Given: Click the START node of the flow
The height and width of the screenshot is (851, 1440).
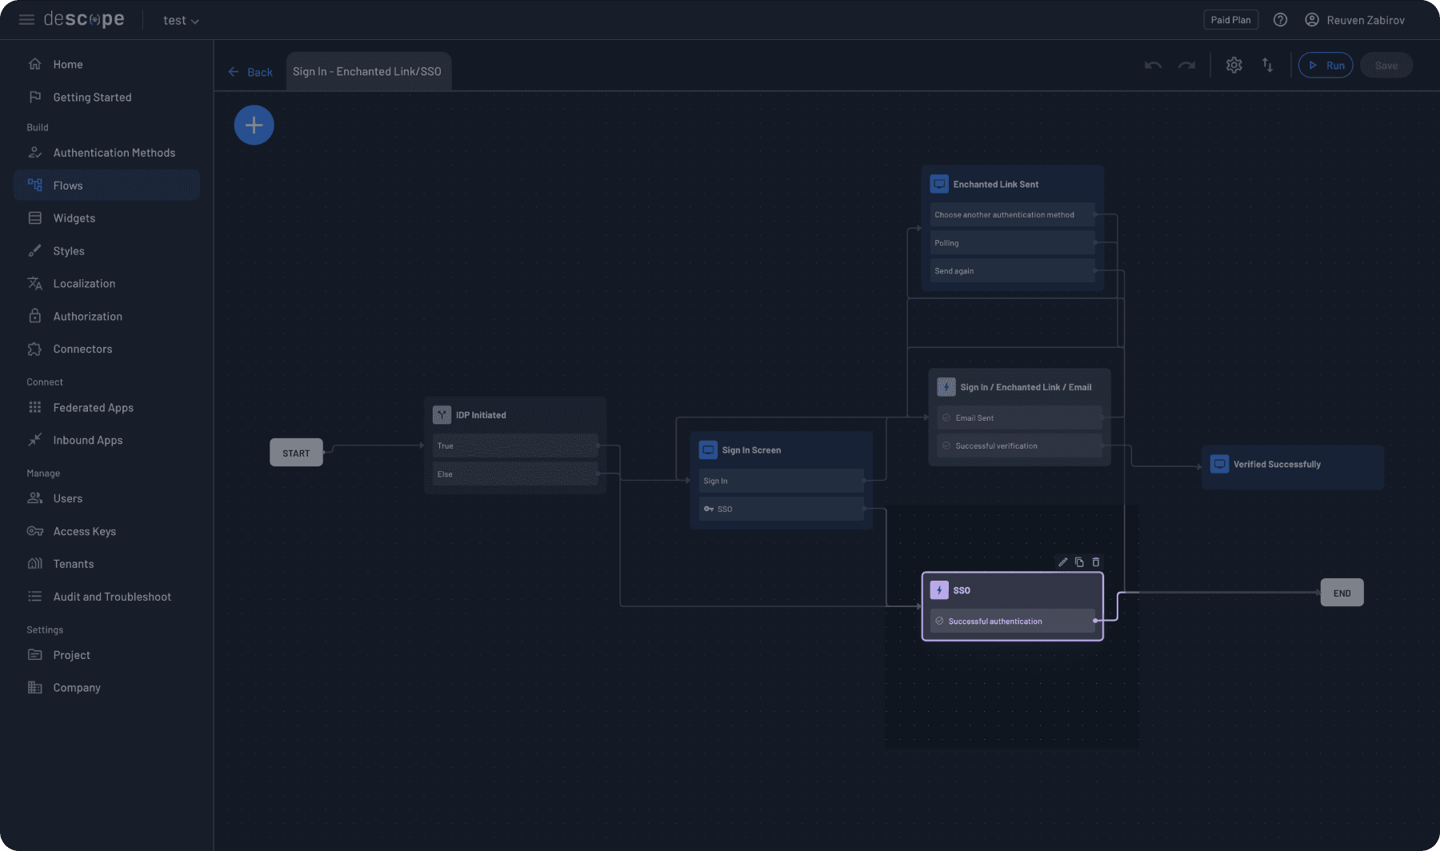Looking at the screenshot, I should (296, 453).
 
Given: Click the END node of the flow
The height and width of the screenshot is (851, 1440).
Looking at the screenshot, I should (1342, 593).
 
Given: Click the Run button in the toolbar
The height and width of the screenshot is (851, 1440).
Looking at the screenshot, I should (1326, 66).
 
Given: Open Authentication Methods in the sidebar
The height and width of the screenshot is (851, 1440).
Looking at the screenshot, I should (114, 153).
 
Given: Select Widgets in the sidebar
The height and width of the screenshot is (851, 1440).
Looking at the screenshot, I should (74, 218).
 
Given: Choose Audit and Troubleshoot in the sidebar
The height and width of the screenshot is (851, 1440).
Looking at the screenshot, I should (112, 597).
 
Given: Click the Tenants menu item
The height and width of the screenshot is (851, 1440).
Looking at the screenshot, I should (74, 564).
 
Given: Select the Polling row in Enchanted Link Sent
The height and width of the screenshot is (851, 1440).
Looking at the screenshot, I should (1012, 243).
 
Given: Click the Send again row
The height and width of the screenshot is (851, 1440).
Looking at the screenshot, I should (1012, 271).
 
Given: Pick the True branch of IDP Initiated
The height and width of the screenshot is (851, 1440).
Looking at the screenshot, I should (515, 445).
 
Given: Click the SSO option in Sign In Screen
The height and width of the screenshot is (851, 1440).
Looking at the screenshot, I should (781, 509).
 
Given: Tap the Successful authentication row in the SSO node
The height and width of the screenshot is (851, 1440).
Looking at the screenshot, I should (1012, 621).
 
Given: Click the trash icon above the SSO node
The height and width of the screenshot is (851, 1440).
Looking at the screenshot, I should (1096, 562).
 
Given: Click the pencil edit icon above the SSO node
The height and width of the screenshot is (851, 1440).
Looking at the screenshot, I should (1062, 562).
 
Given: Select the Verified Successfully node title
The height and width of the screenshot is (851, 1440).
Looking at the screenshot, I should (1277, 465).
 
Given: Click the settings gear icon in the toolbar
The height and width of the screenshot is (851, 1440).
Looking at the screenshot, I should (1234, 66).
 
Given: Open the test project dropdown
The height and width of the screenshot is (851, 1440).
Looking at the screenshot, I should (181, 21).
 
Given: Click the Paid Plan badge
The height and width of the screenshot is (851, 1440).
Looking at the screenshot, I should (1230, 20).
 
